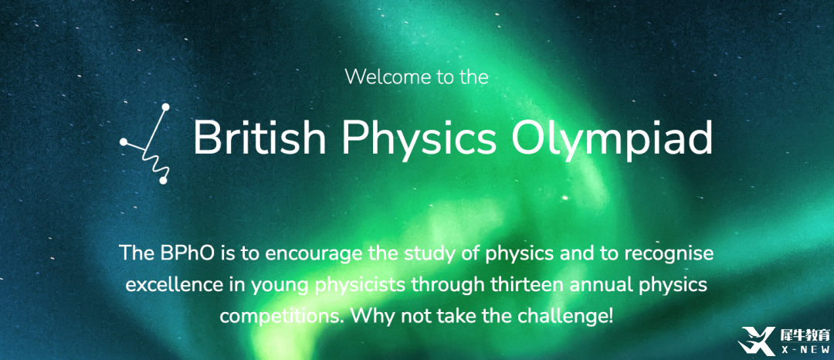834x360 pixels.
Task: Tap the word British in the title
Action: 259,138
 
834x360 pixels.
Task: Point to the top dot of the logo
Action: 165,107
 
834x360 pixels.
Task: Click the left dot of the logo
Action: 124,142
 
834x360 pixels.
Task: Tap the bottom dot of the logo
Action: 163,181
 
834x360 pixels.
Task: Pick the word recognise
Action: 668,253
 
